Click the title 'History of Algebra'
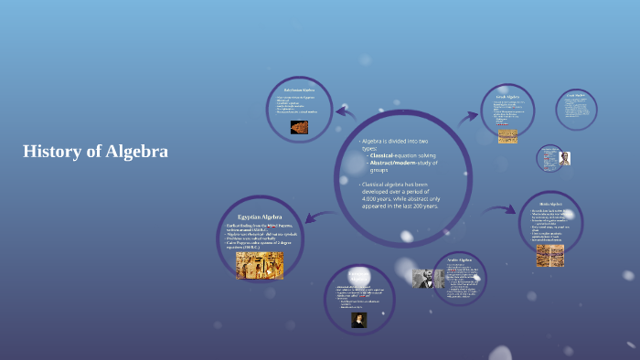95,152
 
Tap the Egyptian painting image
260,265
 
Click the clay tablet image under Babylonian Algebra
299,128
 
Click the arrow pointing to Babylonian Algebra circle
346,113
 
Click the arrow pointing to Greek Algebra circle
468,116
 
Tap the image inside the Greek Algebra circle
507,136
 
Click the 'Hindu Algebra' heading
549,205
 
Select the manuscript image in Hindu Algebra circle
549,255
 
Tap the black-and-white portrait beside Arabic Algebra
426,279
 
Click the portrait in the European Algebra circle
359,320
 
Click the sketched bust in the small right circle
565,158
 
